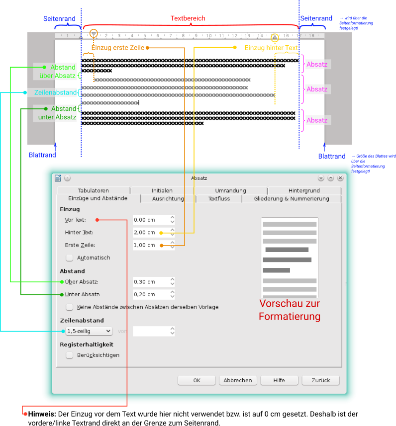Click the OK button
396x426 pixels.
(197, 380)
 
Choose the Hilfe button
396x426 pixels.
(279, 380)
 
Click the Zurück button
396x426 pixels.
(320, 380)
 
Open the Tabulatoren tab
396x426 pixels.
(93, 190)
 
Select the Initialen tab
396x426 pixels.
(162, 190)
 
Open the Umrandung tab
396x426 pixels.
(230, 190)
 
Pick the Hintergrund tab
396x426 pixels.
(304, 190)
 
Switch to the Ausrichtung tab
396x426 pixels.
(168, 199)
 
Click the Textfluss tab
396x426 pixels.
(219, 199)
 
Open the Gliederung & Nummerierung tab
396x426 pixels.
(292, 199)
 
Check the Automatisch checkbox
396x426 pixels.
(70, 257)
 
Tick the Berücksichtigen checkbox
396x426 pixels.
(70, 355)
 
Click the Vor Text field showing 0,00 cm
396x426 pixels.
(151, 220)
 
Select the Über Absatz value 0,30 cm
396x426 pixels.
(151, 282)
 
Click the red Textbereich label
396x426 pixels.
(188, 18)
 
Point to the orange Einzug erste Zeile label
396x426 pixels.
(118, 48)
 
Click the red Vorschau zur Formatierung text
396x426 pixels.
(289, 310)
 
